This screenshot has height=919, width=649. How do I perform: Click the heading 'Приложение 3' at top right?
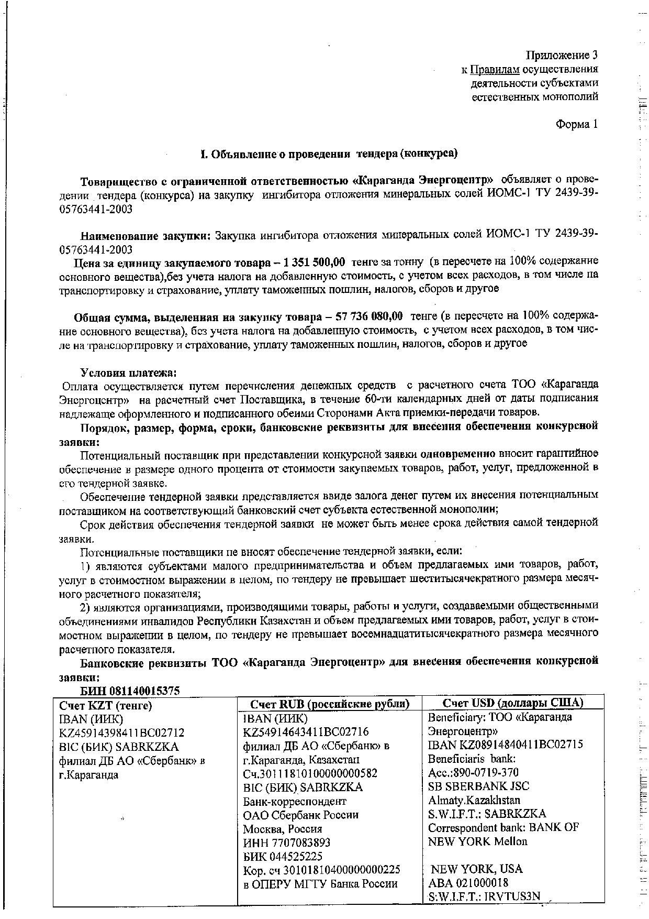561,56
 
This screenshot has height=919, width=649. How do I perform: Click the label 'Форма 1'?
576,125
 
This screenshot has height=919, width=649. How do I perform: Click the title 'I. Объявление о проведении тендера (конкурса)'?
329,154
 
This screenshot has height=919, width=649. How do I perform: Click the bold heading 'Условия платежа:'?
129,373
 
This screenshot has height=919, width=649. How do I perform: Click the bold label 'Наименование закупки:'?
145,236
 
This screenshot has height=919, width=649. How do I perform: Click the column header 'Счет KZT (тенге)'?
106,706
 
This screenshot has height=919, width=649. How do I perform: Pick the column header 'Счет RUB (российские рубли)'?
329,704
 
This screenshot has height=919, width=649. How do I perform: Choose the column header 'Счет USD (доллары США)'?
513,703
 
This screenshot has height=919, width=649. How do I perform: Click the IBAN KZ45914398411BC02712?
122,732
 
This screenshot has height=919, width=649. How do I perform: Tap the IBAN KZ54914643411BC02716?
306,732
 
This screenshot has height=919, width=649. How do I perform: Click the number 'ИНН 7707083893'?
287,843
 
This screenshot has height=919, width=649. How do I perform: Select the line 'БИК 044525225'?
283,857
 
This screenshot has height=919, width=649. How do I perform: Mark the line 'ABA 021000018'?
468,883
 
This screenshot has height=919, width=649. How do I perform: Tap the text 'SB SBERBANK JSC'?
478,786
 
